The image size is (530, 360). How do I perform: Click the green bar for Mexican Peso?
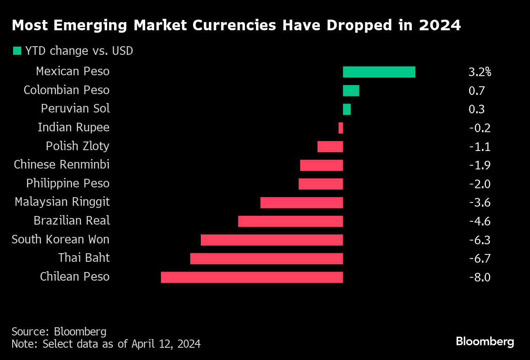pyautogui.click(x=379, y=72)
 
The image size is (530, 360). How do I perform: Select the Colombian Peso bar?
pyautogui.click(x=351, y=90)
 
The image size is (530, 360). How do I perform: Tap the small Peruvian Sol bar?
pyautogui.click(x=347, y=109)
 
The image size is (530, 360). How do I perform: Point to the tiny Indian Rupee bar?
pyautogui.click(x=341, y=128)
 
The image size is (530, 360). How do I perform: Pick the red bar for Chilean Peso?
pyautogui.click(x=252, y=277)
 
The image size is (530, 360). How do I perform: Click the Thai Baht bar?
pyautogui.click(x=266, y=259)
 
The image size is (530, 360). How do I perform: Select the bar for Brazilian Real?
pyautogui.click(x=290, y=221)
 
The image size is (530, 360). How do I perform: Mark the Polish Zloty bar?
pyautogui.click(x=330, y=146)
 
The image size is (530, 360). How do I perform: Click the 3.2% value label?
pyautogui.click(x=480, y=72)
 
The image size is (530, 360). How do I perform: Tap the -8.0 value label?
pyautogui.click(x=479, y=277)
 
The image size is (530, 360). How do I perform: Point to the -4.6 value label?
pyautogui.click(x=479, y=221)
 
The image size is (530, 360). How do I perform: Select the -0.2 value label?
pyautogui.click(x=479, y=128)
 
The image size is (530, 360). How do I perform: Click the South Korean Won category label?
pyautogui.click(x=61, y=239)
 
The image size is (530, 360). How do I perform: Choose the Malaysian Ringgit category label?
pyautogui.click(x=62, y=202)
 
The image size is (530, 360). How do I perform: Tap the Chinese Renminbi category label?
pyautogui.click(x=62, y=165)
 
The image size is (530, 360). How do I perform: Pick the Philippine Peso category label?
pyautogui.click(x=68, y=183)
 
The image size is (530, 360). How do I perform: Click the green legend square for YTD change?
pyautogui.click(x=17, y=51)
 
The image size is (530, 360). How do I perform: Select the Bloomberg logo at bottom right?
pyautogui.click(x=485, y=341)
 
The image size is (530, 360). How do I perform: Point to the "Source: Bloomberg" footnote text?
pyautogui.click(x=59, y=331)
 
